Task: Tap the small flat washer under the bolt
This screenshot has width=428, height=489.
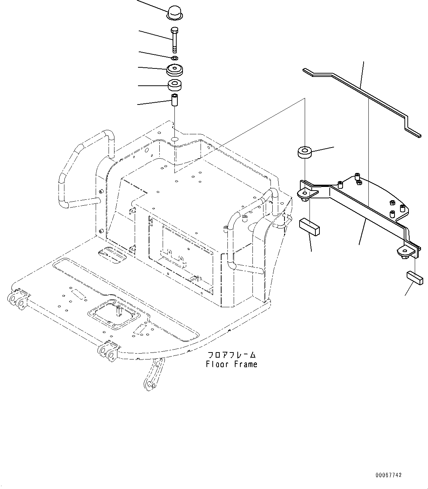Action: coord(175,58)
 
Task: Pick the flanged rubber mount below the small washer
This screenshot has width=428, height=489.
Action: coord(175,70)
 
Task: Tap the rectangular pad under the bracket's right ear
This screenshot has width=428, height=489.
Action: coord(415,278)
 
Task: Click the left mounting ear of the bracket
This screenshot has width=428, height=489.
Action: coord(305,194)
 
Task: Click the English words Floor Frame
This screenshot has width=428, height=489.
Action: coord(231,364)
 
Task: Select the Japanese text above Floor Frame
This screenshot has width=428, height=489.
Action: coord(231,355)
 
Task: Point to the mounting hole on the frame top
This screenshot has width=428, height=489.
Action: coord(175,139)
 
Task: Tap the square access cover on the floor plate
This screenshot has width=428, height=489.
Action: coord(114,315)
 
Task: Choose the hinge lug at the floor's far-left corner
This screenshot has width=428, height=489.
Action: coord(17,299)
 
